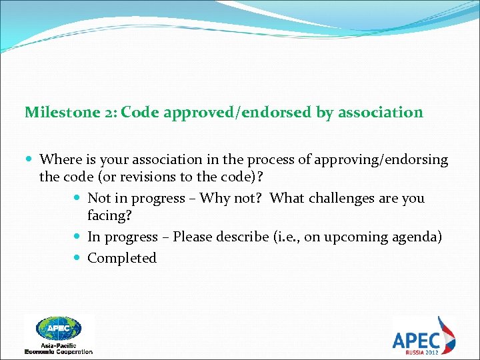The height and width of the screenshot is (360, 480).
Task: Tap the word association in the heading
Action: [x=380, y=112]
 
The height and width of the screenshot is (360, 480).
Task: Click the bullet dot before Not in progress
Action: [x=79, y=199]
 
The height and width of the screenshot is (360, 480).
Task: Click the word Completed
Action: [x=122, y=258]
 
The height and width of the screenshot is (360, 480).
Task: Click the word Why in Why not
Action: [x=214, y=198]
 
